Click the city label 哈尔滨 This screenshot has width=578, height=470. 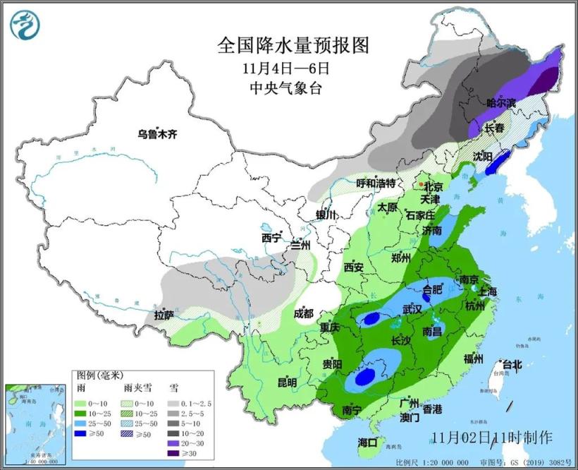pos(500,103)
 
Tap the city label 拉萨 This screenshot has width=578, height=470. pos(164,315)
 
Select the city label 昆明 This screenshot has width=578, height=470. pos(287,382)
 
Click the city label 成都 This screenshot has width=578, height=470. pos(304,314)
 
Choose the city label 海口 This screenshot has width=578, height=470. pos(367,442)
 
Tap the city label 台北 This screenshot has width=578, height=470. pos(512,365)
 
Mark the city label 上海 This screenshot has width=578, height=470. pos(487,291)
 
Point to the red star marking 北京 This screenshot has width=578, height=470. pos(422,185)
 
